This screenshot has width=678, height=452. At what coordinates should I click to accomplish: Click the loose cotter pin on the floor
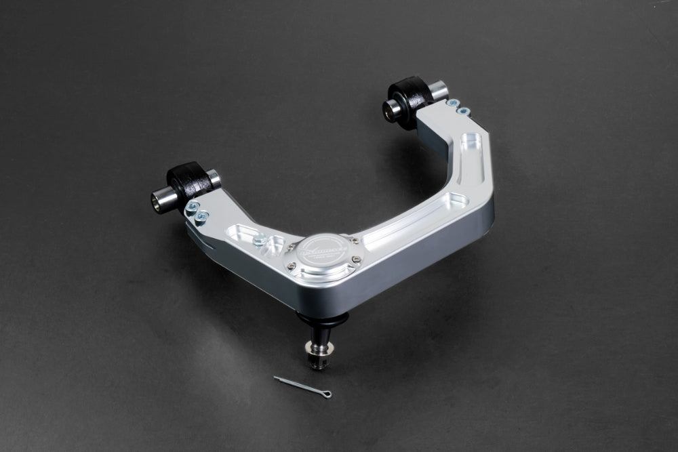(x=302, y=386)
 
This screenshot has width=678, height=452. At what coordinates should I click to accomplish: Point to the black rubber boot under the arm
(x=321, y=319)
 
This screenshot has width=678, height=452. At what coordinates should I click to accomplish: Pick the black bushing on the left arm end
(x=189, y=183)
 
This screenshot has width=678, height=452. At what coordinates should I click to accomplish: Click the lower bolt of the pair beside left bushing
(x=202, y=217)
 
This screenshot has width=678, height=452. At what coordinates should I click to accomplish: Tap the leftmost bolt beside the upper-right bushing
(x=452, y=104)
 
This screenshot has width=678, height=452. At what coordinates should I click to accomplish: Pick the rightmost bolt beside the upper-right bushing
(x=464, y=110)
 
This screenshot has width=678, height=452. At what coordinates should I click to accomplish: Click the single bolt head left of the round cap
(x=258, y=239)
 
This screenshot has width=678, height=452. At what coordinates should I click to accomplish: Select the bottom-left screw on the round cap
(x=292, y=266)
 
